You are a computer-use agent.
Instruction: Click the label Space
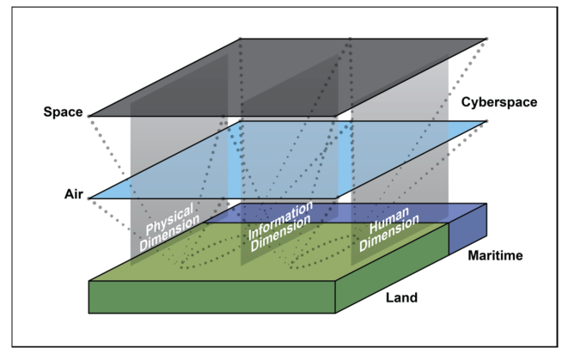tap(63, 112)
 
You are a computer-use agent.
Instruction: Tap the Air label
tap(74, 194)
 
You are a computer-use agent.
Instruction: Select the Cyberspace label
tap(499, 102)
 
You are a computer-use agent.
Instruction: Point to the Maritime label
tap(495, 255)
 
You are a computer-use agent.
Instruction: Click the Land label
tap(401, 297)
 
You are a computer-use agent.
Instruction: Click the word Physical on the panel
tap(169, 219)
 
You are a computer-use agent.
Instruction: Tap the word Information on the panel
tap(280, 220)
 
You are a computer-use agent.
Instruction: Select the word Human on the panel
tap(389, 220)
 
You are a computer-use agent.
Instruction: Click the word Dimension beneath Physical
tap(170, 233)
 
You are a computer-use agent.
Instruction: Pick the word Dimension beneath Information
tap(280, 233)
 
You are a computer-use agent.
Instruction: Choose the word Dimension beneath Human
tap(389, 233)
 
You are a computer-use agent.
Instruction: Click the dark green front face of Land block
tap(212, 297)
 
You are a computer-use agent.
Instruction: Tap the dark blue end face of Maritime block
tap(467, 229)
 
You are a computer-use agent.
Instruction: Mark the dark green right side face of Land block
tap(392, 268)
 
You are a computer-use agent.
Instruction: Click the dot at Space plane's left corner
tap(89, 116)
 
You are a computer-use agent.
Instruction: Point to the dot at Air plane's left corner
tap(89, 198)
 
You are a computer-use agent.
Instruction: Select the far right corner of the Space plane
tap(486, 39)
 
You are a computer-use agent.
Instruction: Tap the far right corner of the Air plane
tap(486, 121)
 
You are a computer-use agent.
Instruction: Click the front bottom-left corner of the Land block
tap(89, 313)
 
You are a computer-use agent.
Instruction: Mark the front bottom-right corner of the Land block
tap(335, 313)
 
